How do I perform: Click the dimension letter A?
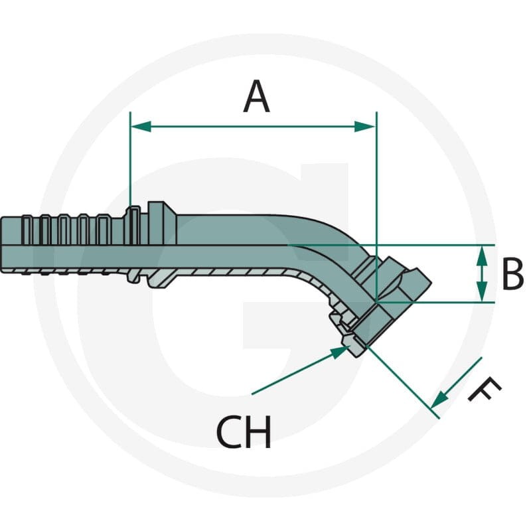pyautogui.click(x=256, y=96)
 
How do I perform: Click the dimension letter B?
pyautogui.click(x=512, y=273)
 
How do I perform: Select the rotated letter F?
pyautogui.click(x=485, y=390)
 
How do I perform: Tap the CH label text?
pyautogui.click(x=244, y=432)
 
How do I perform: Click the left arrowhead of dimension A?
pyautogui.click(x=141, y=126)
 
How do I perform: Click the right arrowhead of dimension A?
pyautogui.click(x=365, y=126)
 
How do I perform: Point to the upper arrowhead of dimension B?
pyautogui.click(x=482, y=256)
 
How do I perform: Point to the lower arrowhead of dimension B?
pyautogui.click(x=482, y=291)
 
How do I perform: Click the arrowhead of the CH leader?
pyautogui.click(x=341, y=352)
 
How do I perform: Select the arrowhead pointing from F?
pyautogui.click(x=439, y=400)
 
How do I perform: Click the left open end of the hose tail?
pyautogui.click(x=1, y=243)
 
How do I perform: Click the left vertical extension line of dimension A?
pyautogui.click(x=130, y=160)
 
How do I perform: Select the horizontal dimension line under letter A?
pyautogui.click(x=253, y=126)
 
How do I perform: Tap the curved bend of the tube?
pyautogui.click(x=325, y=247)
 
